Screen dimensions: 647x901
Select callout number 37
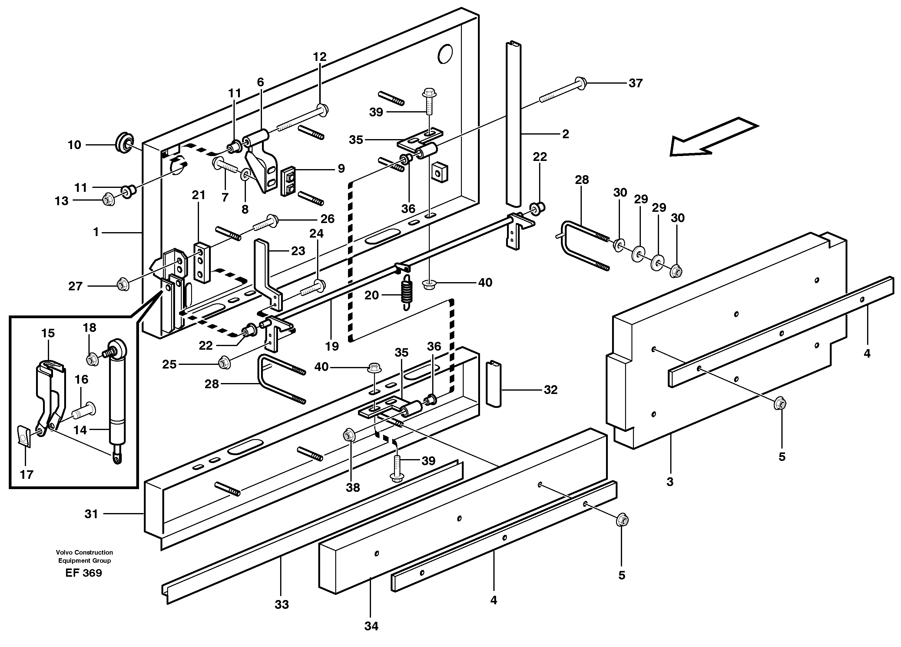pos(635,83)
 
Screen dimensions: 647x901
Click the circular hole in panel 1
pos(445,53)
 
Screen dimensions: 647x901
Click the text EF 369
pos(84,573)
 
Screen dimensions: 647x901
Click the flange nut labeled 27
pos(122,285)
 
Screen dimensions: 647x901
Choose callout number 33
pos(282,605)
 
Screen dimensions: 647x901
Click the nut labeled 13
pos(108,199)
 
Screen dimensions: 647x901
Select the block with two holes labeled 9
pos(289,181)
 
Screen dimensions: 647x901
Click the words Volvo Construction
pos(84,552)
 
